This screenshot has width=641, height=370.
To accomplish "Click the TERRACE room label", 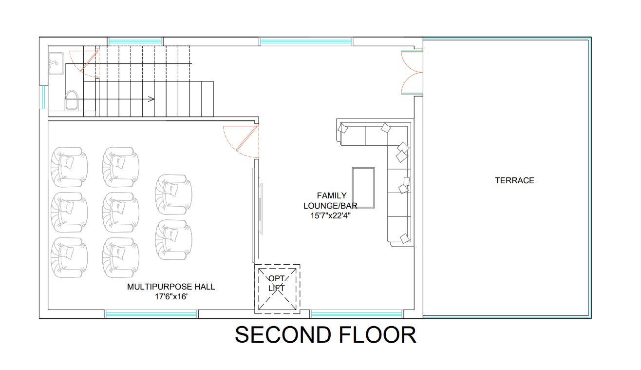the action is coord(514,180).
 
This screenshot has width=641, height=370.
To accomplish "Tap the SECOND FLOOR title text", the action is coord(325,335).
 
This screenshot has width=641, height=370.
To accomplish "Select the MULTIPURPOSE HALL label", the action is coord(171,287).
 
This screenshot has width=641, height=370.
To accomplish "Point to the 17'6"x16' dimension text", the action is coord(171,296).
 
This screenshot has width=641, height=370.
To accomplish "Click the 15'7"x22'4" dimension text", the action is coord(331,215).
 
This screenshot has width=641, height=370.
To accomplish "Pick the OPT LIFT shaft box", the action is coord(277,289).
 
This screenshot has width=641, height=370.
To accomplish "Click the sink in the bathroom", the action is coord(56,63).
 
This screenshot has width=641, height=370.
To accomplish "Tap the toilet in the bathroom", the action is coord(72,100).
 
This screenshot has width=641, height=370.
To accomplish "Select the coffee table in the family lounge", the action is coord(363,188).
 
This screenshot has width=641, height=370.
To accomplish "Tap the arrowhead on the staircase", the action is coord(151,99).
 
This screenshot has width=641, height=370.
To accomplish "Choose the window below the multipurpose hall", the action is coord(151,314).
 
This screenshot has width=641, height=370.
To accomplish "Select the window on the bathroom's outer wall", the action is coord(43,97).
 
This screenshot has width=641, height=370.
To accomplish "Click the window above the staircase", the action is coord(135,41).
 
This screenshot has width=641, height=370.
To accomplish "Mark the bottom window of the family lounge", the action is coord(357,314).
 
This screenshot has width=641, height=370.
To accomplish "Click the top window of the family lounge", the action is coord(306,41).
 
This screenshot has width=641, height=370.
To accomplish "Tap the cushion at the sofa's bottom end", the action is coord(405,238).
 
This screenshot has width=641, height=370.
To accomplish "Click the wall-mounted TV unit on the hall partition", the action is coord(261,209).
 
